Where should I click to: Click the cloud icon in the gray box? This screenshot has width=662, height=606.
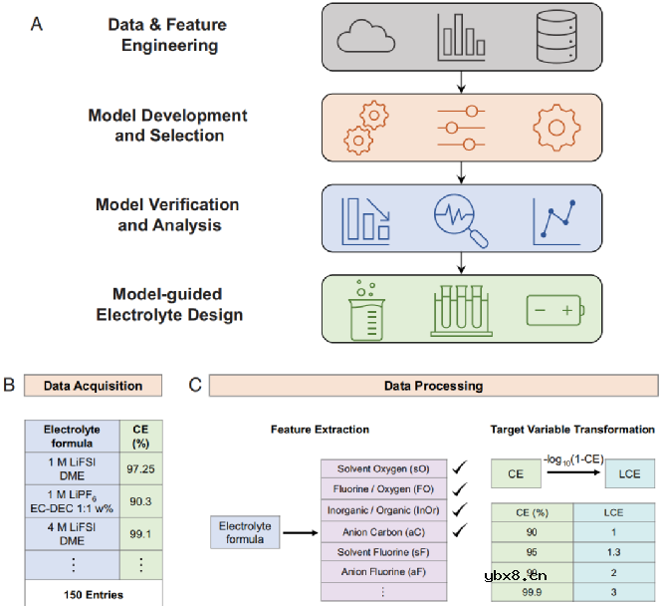[x=359, y=37]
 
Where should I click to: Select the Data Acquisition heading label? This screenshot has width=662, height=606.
[x=95, y=386]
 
